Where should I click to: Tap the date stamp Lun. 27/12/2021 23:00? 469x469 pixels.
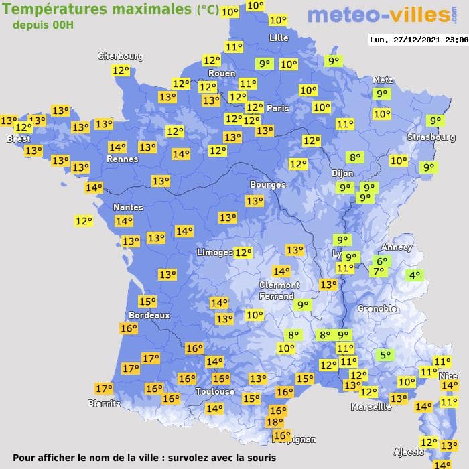coord(418,40)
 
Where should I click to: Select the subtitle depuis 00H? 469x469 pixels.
coord(44,25)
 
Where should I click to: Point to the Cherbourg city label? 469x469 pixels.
coord(121,56)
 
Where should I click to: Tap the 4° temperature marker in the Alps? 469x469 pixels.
coord(415,275)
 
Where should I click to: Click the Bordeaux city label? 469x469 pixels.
coord(148,314)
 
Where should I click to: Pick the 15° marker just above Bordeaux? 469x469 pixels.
coord(147,301)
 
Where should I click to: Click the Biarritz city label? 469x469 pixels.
coord(104,403)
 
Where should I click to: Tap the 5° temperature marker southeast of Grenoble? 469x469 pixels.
coord(385,355)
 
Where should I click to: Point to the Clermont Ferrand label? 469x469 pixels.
coord(279,290)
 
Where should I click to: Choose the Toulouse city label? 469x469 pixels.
coord(215,391)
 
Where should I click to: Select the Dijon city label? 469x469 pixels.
coord(342,172)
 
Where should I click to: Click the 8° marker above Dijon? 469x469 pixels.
coord(354,157)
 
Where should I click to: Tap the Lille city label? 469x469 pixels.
coord(279,38)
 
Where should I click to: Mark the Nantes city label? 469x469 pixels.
coord(128,207)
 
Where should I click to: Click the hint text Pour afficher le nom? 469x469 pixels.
coord(144,458)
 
